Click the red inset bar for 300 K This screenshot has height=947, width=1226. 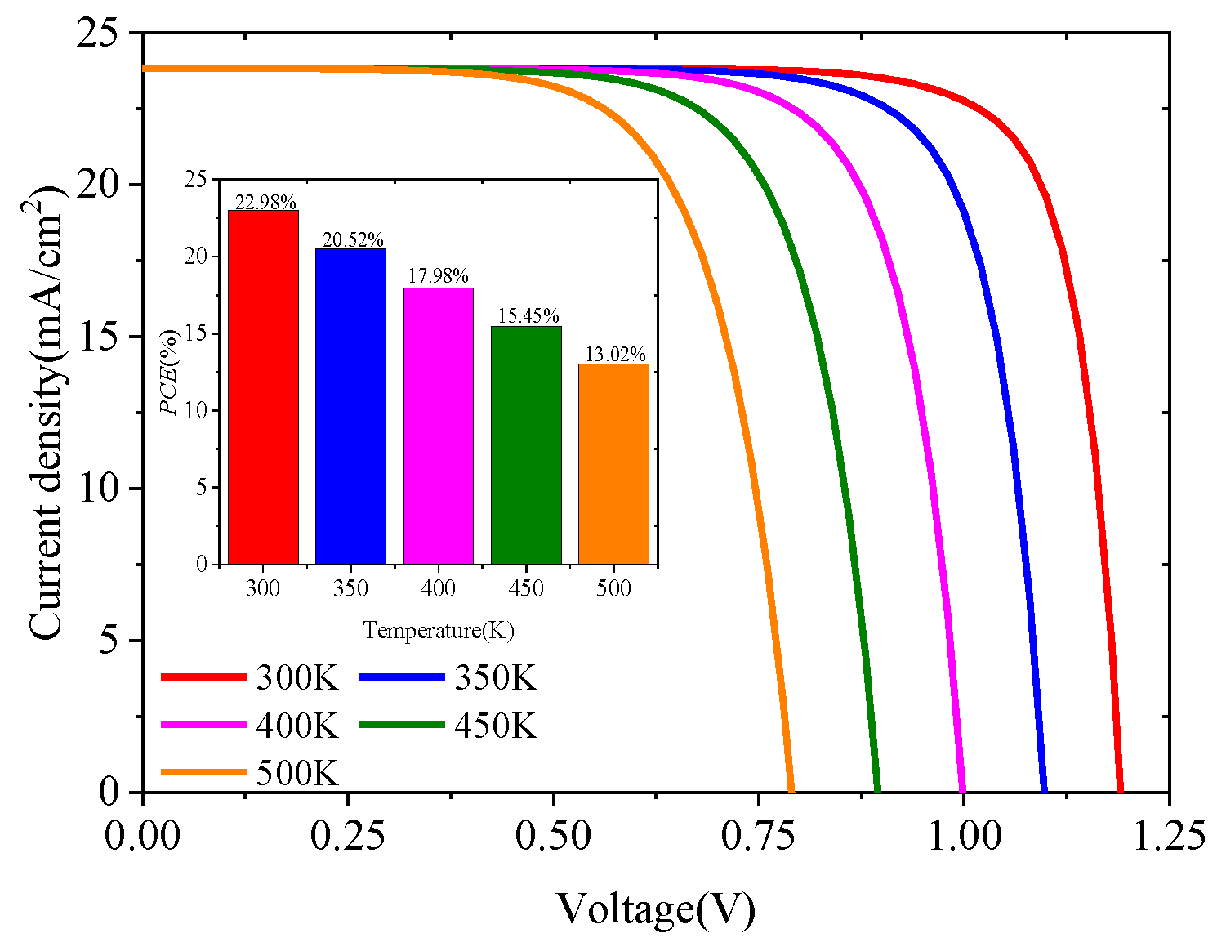tap(263, 387)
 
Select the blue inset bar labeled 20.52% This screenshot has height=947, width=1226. tap(350, 406)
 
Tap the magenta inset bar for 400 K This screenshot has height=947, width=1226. tap(439, 426)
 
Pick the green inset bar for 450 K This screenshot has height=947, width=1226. tap(526, 445)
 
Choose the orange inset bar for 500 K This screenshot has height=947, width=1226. tap(613, 464)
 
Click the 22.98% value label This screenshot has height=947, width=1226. tap(265, 202)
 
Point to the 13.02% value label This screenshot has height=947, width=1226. tap(615, 355)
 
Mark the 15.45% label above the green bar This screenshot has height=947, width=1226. tap(528, 316)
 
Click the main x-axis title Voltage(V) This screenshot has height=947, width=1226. tap(656, 909)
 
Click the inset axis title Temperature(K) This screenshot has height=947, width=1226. tap(439, 630)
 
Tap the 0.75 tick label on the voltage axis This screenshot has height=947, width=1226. tap(759, 837)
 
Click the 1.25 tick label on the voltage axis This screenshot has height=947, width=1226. tap(1168, 837)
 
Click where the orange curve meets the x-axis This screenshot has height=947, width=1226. tap(791, 790)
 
